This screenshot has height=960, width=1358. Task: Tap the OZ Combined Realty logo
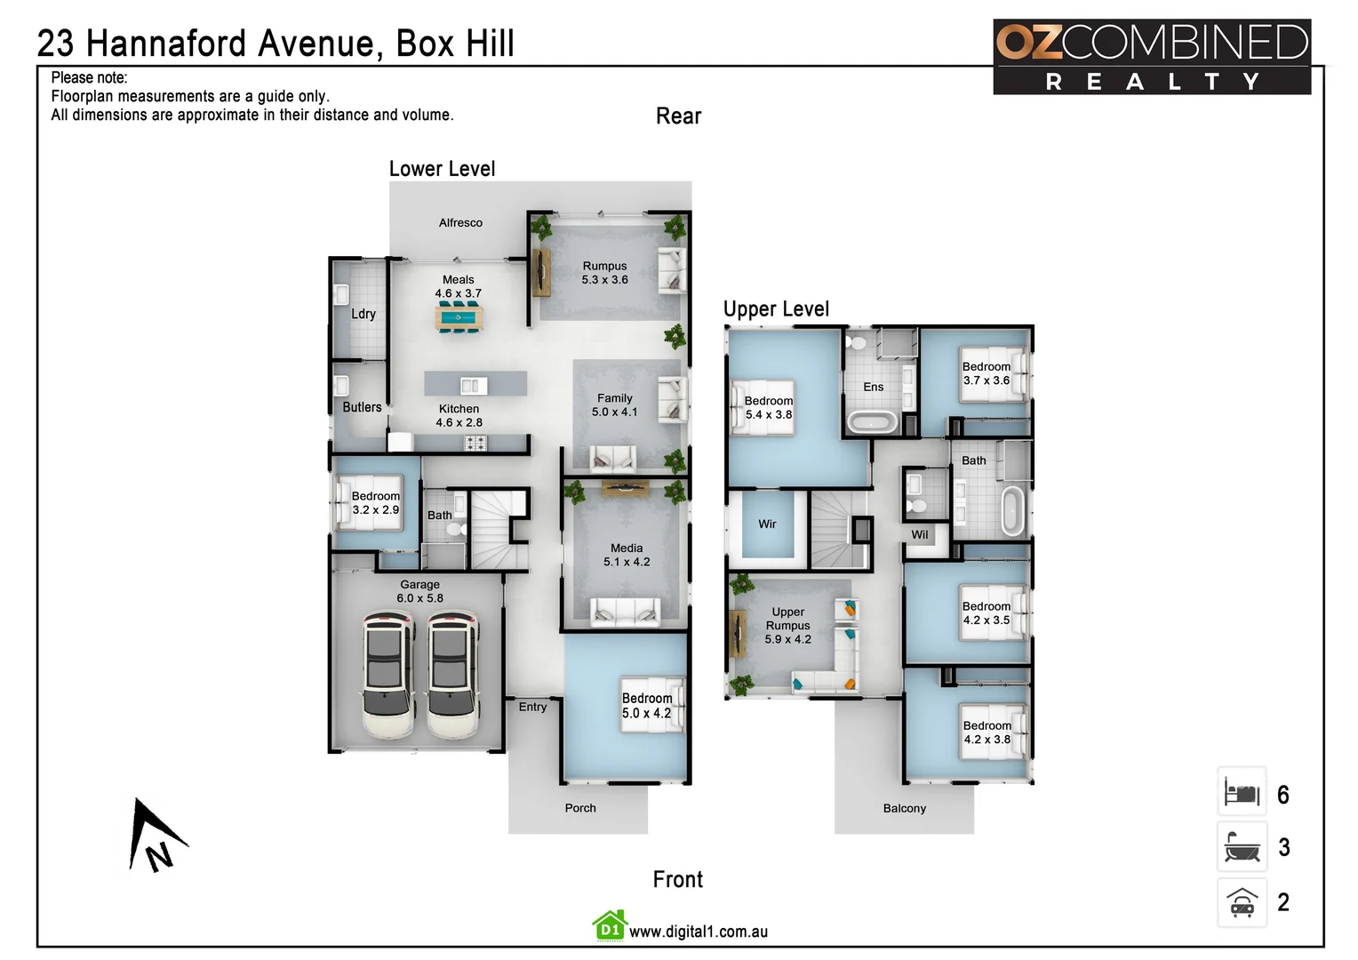point(1151,57)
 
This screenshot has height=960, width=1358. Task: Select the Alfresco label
point(460,223)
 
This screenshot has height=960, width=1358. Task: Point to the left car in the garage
point(387,676)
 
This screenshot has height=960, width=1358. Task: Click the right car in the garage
point(452,676)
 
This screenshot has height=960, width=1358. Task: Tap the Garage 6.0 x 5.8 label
point(419,591)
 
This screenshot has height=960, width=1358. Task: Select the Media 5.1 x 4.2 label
point(627,555)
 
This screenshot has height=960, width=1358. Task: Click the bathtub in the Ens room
point(871,421)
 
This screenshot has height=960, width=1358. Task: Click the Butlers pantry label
point(362,407)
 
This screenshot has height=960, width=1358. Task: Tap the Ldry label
point(363,314)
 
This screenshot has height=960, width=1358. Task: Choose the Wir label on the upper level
point(767,524)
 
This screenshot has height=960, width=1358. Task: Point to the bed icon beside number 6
point(1242,792)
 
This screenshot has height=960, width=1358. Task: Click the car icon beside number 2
point(1242,903)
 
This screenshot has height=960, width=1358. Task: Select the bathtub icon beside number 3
point(1242,847)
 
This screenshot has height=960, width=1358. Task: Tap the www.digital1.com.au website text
point(698,932)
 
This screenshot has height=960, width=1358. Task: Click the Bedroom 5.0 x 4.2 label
point(646,706)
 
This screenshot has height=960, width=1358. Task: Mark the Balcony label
point(904,808)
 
